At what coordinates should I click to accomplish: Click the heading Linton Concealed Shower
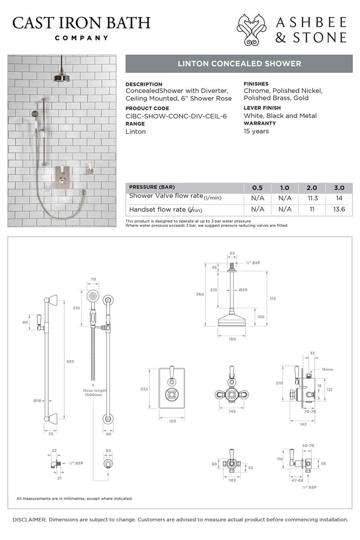tap(239, 63)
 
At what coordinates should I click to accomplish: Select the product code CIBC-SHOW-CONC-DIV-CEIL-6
tap(176, 116)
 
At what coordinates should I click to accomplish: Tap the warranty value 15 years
tap(256, 131)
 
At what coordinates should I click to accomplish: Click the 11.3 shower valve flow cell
tap(312, 198)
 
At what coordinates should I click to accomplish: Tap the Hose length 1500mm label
tap(93, 393)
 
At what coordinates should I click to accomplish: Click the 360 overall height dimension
tap(200, 294)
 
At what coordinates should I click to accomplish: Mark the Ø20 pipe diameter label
tap(243, 290)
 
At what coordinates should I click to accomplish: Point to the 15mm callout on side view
tap(327, 369)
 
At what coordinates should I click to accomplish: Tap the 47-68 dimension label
tap(295, 481)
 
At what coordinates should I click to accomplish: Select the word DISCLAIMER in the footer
tap(29, 519)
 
